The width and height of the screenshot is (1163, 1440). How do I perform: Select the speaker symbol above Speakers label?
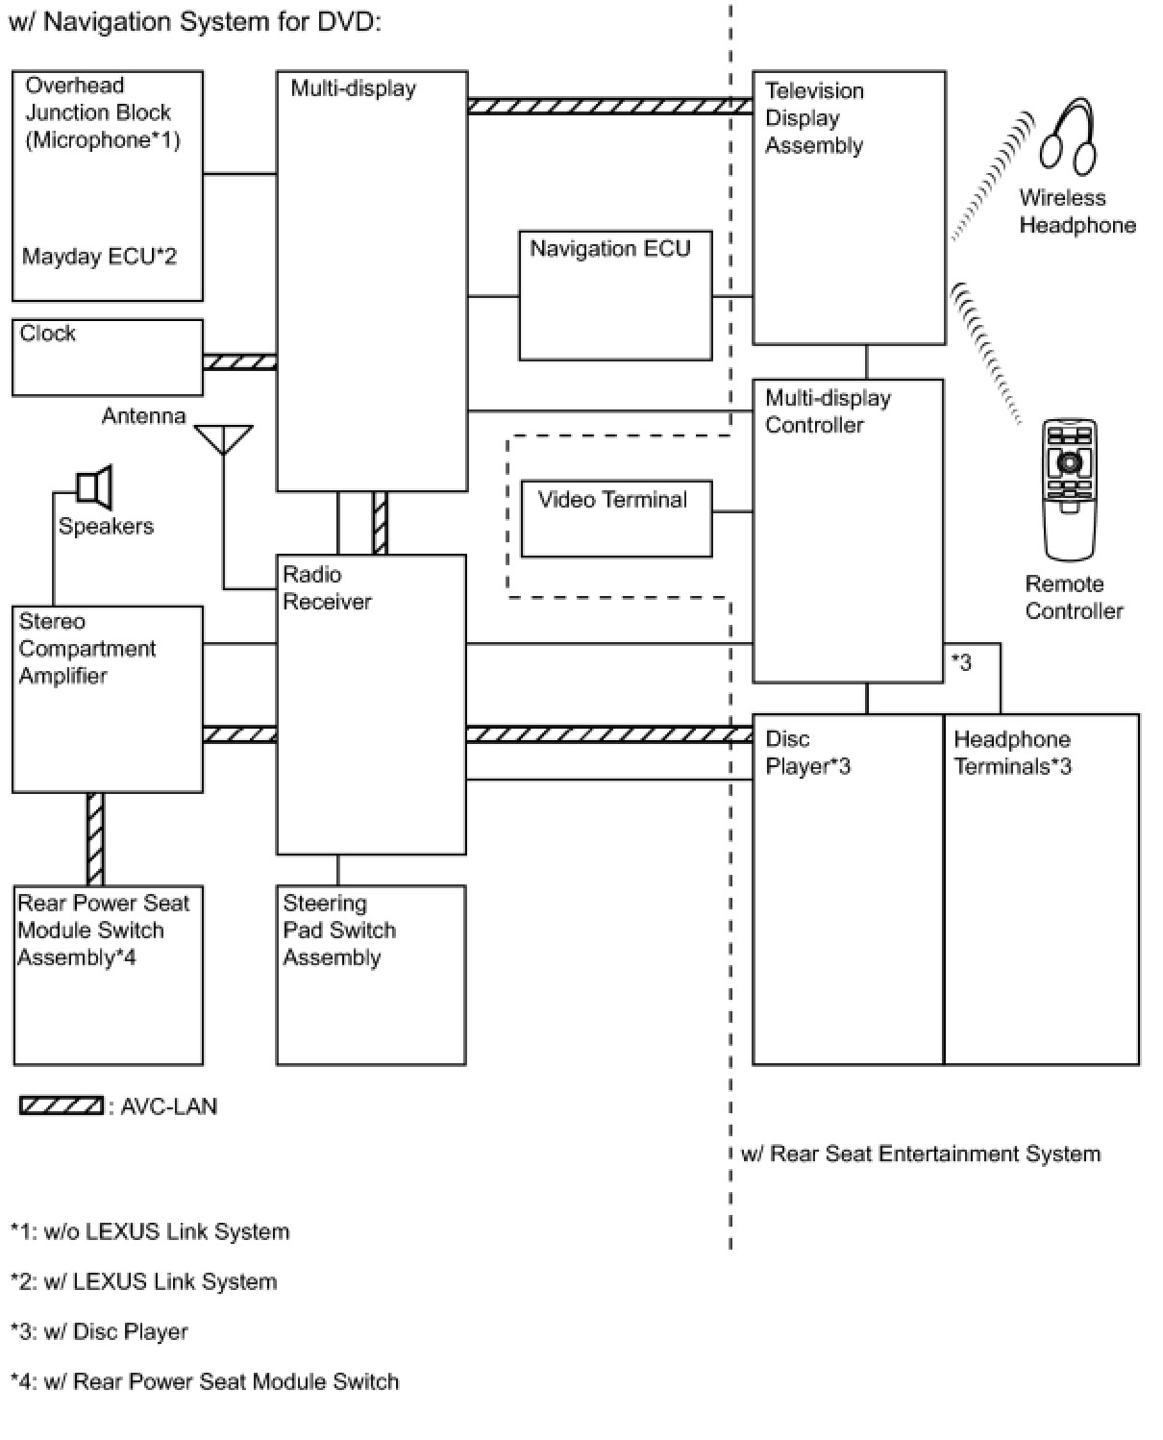click(x=93, y=486)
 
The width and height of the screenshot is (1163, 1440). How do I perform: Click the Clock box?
click(x=107, y=357)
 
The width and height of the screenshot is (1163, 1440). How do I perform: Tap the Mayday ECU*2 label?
click(x=99, y=257)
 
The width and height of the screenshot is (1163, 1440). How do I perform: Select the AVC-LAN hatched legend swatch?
click(x=62, y=1105)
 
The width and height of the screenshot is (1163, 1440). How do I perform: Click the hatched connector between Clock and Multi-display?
click(x=239, y=361)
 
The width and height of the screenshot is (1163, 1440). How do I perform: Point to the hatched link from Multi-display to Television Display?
click(x=609, y=106)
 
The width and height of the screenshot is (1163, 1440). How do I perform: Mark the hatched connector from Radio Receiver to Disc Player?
click(x=608, y=734)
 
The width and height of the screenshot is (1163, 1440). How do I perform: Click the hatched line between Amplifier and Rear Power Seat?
click(x=95, y=839)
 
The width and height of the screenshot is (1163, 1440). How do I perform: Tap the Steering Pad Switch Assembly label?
click(x=339, y=931)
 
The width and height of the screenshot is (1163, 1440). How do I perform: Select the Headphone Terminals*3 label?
click(x=1012, y=753)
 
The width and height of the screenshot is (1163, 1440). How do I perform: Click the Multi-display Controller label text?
click(x=828, y=411)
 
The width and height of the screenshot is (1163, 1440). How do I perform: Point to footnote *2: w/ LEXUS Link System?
click(x=144, y=1281)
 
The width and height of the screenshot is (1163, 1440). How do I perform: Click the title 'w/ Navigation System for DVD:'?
click(x=195, y=22)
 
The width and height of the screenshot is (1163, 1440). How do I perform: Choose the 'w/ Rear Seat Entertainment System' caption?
click(x=921, y=1154)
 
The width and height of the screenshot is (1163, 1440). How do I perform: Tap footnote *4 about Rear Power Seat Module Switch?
click(x=205, y=1381)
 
